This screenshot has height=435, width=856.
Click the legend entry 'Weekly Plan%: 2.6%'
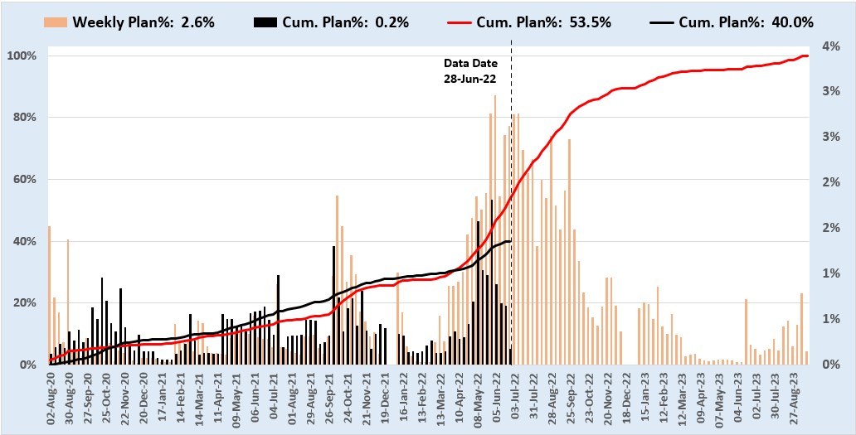pyautogui.click(x=143, y=22)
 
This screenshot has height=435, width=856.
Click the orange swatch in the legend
pyautogui.click(x=56, y=22)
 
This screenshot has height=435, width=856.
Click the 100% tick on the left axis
pyautogui.click(x=23, y=56)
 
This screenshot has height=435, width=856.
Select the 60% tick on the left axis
pyautogui.click(x=25, y=180)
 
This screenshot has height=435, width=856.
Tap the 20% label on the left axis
pyautogui.click(x=25, y=303)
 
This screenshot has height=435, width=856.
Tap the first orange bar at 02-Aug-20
pyautogui.click(x=49, y=294)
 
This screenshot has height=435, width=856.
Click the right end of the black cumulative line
pyautogui.click(x=510, y=241)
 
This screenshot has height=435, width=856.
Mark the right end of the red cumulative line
pyautogui.click(x=807, y=56)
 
